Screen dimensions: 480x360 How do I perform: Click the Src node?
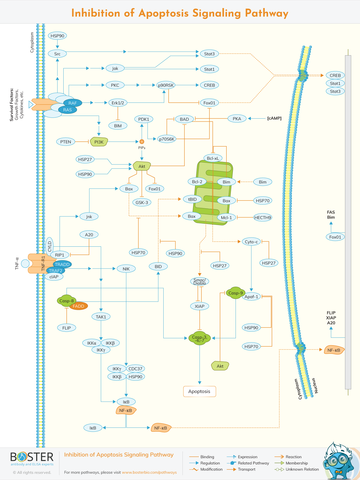(57, 54)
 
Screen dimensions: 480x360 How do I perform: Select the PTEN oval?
(66, 142)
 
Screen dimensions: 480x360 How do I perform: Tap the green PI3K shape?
(99, 142)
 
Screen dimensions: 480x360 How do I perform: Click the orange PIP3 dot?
(142, 142)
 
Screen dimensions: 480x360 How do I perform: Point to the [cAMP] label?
(274, 118)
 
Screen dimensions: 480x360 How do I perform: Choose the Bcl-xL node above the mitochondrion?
(213, 158)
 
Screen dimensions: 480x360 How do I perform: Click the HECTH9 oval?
(262, 217)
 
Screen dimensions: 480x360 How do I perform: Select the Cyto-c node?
(251, 242)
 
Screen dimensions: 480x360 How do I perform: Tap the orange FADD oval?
(78, 306)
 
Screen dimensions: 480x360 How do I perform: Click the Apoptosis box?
(199, 391)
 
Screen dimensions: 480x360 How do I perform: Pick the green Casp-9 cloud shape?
(235, 293)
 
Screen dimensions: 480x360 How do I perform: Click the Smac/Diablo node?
(199, 281)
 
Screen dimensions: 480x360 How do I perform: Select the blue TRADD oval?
(62, 264)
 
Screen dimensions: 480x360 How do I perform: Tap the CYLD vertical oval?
(50, 246)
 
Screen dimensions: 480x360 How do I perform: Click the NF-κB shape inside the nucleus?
(334, 350)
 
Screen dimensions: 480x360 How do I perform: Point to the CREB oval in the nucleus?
(335, 76)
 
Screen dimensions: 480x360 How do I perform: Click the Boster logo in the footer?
(32, 459)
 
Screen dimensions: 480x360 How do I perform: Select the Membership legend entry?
(296, 463)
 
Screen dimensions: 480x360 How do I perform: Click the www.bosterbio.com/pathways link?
(149, 472)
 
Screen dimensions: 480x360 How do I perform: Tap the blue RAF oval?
(72, 103)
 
